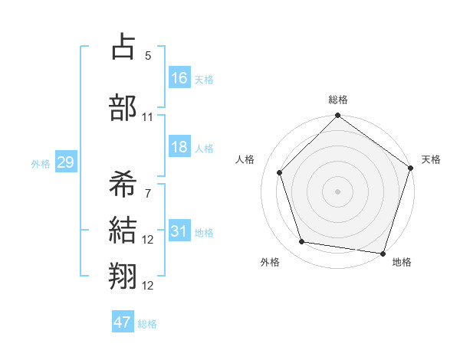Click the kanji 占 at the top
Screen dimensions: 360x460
point(123,47)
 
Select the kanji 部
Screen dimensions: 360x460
point(123,106)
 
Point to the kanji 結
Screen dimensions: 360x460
point(123,230)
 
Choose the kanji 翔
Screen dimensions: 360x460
point(123,276)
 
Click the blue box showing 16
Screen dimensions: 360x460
point(179,78)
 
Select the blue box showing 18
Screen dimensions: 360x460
point(179,148)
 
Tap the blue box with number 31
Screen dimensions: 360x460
point(179,232)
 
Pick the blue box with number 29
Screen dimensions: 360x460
point(64,162)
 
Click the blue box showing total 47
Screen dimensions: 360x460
point(123,322)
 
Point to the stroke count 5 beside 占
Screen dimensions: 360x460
point(148,56)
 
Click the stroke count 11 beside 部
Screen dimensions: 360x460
point(148,116)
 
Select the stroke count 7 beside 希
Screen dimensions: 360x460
point(148,193)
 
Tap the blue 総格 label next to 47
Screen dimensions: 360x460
point(147,324)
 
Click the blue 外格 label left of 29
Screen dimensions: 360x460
point(41,163)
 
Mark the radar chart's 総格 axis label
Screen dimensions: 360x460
point(338,100)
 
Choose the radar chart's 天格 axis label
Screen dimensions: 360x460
point(431,159)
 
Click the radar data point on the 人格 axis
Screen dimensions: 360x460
point(279,172)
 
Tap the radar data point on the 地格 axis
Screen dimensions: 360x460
point(382,253)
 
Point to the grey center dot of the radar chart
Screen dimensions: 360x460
point(338,191)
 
